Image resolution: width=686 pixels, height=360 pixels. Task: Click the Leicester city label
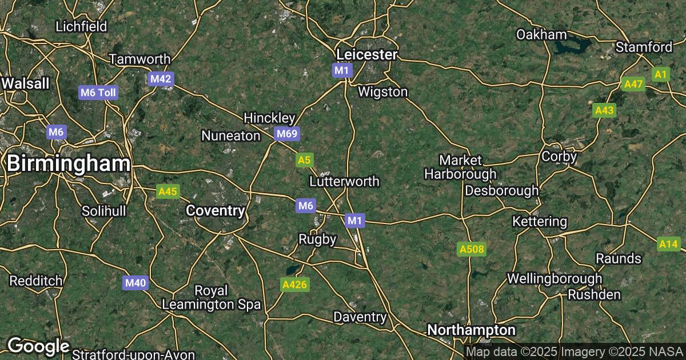point(367,54)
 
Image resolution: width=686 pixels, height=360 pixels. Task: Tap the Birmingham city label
point(69,164)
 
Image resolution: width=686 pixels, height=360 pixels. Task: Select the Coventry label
point(216,211)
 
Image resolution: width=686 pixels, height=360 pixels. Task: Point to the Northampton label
point(472,330)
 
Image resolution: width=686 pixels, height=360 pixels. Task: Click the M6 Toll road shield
point(98,93)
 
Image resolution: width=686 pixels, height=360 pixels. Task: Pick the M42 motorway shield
point(161,79)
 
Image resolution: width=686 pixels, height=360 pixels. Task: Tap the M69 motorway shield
point(287,134)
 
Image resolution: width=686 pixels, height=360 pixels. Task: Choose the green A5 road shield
point(305,160)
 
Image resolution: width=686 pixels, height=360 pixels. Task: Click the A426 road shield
point(295,284)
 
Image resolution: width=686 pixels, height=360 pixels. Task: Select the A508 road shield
point(472,249)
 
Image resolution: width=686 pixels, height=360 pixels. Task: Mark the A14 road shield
point(668,245)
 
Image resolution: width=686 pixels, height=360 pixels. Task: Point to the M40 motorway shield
point(135,282)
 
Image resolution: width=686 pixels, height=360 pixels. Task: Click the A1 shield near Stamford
point(661,74)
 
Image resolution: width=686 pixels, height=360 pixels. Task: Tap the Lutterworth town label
point(344,181)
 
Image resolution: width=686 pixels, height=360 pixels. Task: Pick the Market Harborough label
point(460,167)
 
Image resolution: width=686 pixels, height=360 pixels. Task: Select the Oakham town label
point(541,34)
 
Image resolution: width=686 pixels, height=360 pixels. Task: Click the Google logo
point(38,346)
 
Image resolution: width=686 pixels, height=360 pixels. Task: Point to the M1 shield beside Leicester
point(342,70)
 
